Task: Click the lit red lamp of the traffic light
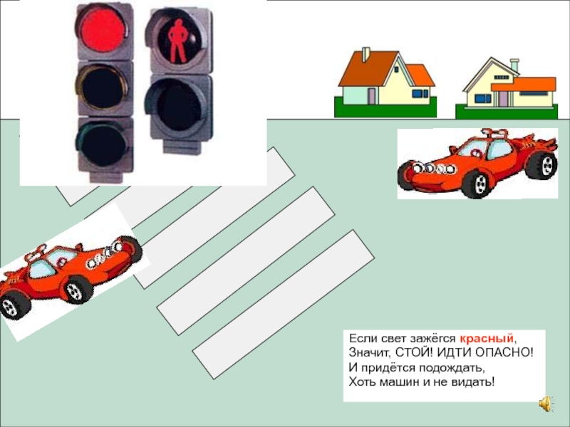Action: tap(103, 30)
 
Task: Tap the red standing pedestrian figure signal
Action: tap(177, 40)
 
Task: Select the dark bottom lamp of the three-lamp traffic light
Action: tap(103, 144)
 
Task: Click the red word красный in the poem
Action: tap(487, 339)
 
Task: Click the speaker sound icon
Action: tap(545, 404)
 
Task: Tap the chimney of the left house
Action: tap(366, 54)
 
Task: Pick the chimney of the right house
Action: tap(514, 65)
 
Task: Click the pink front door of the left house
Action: tap(372, 97)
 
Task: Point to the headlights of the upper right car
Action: tap(435, 168)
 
